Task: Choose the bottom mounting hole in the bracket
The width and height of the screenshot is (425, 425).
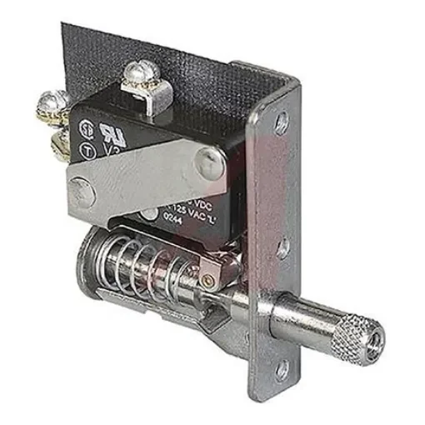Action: [281, 367]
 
